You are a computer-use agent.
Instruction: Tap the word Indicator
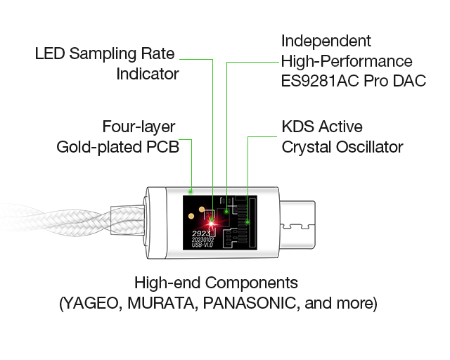148,74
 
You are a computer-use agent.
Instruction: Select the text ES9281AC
320,81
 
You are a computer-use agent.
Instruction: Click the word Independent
326,41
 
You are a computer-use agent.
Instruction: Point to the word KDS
297,127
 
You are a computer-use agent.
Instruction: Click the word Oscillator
369,147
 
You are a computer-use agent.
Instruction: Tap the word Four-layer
139,127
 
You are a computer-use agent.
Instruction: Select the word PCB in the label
162,147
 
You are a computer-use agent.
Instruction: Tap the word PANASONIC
249,303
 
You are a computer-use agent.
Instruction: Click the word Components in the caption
251,283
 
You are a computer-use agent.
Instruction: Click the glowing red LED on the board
211,223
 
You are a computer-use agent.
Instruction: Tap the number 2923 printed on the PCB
201,233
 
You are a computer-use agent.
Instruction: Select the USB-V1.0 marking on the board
202,245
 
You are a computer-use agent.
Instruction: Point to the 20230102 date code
202,240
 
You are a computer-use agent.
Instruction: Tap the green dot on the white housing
191,191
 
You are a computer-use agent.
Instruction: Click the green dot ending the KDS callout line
247,222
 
